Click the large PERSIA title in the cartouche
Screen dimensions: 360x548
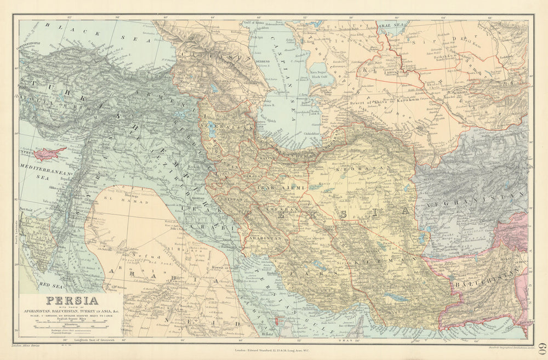tap(72, 300)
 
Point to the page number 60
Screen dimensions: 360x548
tap(540, 348)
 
